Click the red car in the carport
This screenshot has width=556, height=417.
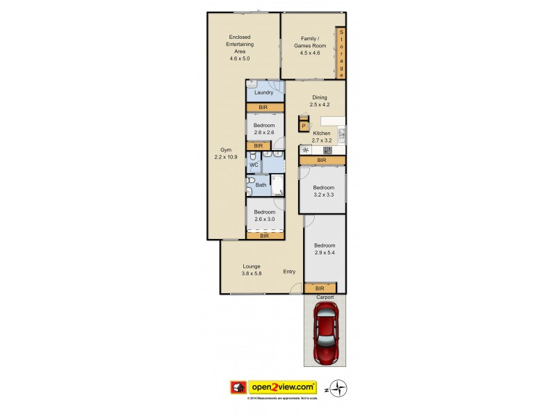click(325, 336)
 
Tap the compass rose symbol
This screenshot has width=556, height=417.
click(339, 388)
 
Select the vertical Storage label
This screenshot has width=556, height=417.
click(341, 54)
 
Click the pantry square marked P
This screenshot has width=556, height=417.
click(304, 126)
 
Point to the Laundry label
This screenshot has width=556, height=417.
click(263, 92)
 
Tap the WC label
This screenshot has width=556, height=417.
click(254, 165)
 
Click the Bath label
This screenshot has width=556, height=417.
click(261, 185)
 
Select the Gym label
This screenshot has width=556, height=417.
click(226, 149)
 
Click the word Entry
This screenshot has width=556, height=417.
click(289, 272)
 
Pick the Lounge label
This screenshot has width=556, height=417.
click(251, 266)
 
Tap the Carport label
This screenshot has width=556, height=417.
click(325, 297)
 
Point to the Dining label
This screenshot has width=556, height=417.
click(319, 97)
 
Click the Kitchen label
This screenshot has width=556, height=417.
click(321, 133)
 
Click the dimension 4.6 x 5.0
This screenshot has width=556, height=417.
click(239, 58)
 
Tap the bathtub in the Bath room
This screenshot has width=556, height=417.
click(277, 186)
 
